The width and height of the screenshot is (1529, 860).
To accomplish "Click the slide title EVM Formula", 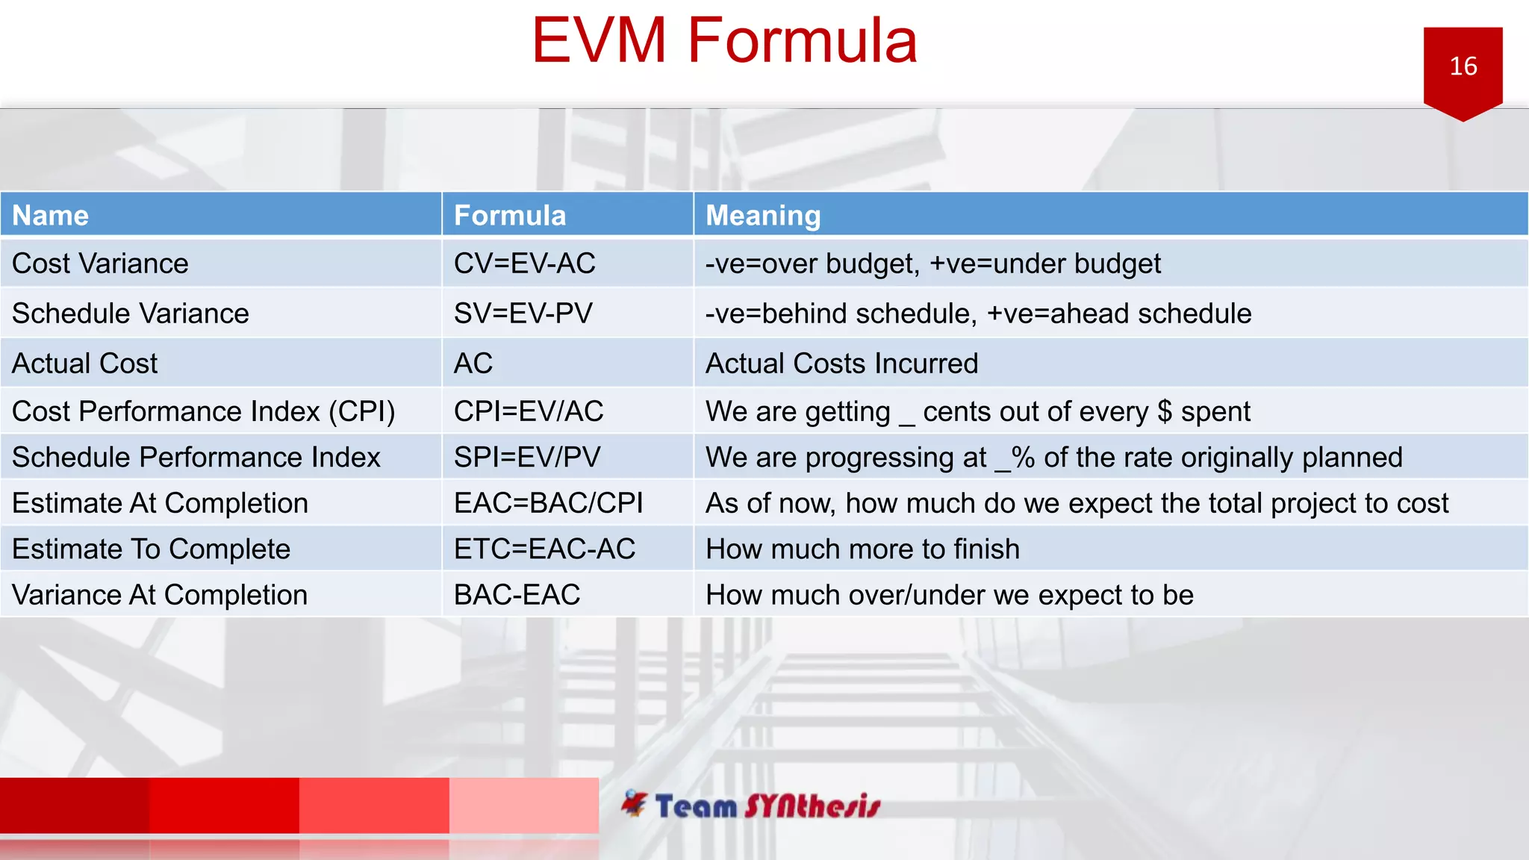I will point(723,41).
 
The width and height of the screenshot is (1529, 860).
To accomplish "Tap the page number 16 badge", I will point(1463,66).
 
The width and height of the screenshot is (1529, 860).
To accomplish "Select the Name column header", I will point(51,216).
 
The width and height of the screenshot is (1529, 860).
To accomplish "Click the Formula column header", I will point(510,216).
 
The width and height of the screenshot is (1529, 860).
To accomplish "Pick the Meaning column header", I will point(762,216).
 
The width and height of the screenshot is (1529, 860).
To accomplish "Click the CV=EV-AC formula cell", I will point(524,264).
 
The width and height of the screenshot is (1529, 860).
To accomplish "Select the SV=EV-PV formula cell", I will point(523,314).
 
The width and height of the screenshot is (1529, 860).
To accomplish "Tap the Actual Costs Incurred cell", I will point(841,364).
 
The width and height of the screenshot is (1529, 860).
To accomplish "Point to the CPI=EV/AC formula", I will point(529,411).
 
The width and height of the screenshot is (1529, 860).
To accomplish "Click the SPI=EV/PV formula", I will point(527,457).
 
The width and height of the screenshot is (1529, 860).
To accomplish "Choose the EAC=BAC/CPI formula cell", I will point(548,503).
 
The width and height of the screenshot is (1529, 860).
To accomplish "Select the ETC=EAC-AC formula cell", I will point(544,549).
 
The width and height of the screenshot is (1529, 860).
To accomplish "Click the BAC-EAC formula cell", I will point(517,595).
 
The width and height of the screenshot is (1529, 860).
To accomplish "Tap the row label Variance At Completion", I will point(160,595).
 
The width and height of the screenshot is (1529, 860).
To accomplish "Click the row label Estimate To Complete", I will point(151,549).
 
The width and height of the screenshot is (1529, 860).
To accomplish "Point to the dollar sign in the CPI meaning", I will point(1164,412).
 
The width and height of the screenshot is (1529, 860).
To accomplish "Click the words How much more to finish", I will point(862,549).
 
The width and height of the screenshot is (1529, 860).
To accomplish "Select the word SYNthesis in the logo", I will point(812,806).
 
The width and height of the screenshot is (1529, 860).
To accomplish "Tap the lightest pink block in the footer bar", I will point(523,805).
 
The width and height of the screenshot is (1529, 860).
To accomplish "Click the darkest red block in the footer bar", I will point(75,805).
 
